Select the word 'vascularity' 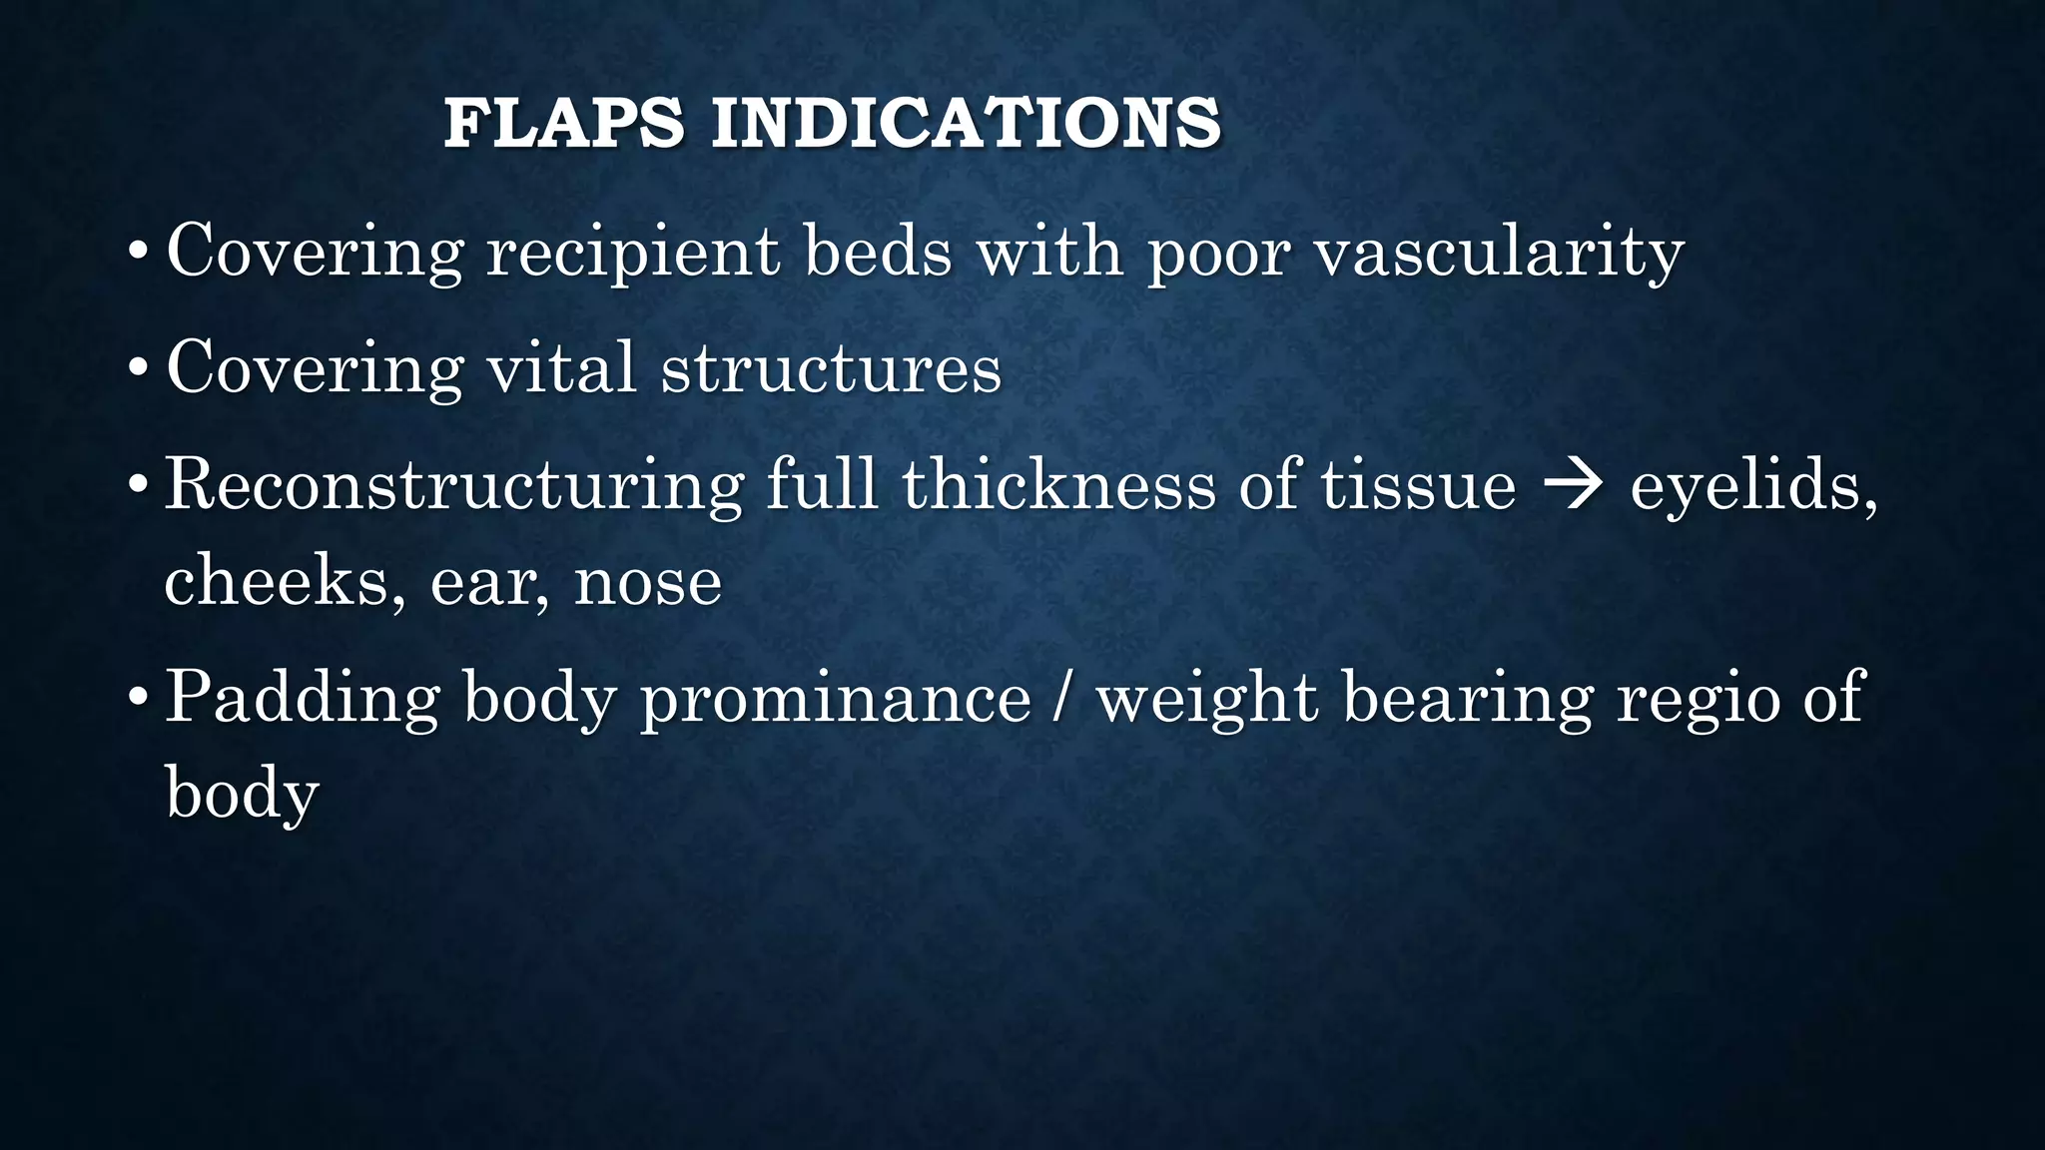[x=1499, y=252]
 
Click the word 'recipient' [x=632, y=252]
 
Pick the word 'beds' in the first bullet [x=879, y=252]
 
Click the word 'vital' [x=561, y=367]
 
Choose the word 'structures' [x=831, y=367]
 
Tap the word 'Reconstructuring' [x=454, y=485]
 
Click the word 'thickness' [x=1058, y=485]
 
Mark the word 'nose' [x=648, y=581]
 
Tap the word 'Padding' [x=303, y=697]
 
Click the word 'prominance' [x=836, y=697]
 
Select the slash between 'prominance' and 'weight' [x=1063, y=697]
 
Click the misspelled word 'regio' [x=1699, y=697]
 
